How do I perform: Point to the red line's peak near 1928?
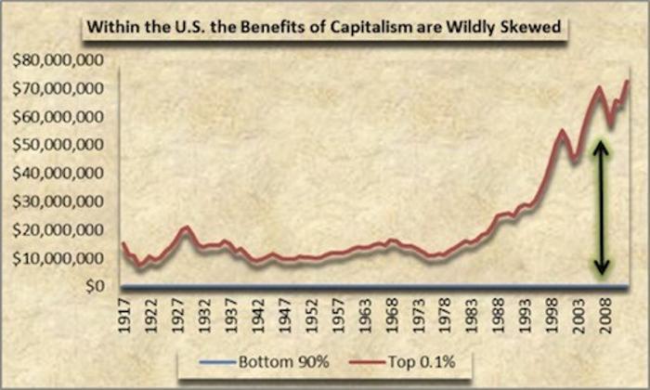click(x=187, y=227)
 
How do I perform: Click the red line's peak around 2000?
click(x=563, y=131)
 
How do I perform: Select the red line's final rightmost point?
click(x=628, y=81)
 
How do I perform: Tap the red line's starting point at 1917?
click(x=123, y=243)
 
